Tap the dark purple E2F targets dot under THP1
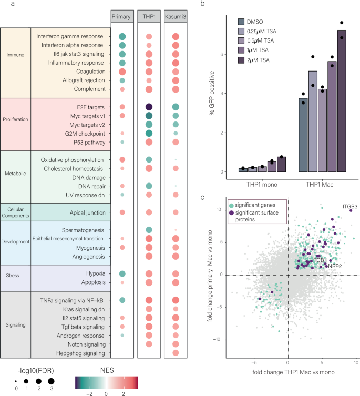(x=149, y=107)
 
